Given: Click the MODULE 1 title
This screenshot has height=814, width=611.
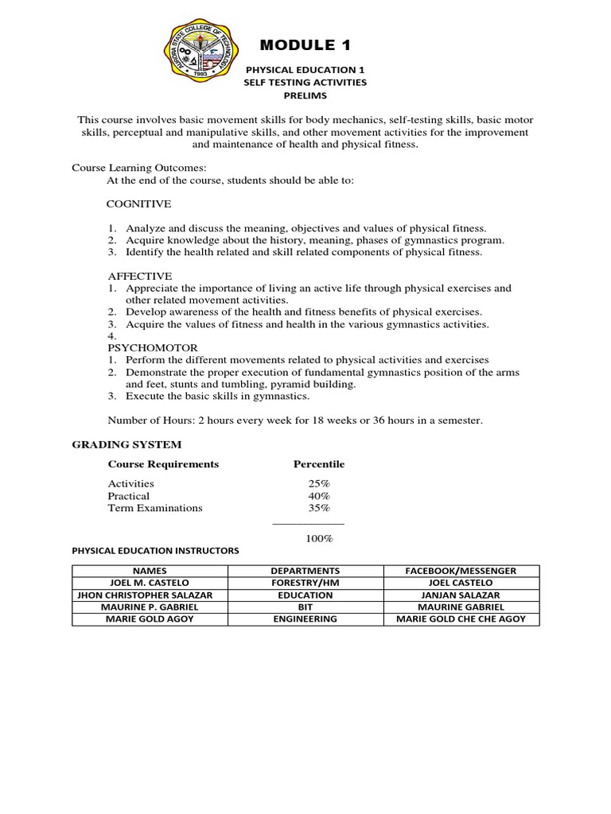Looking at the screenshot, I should coord(305,44).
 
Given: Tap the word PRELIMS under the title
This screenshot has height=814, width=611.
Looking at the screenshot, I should coord(305,95).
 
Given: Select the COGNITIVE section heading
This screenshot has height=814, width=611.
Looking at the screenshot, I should coord(139,203).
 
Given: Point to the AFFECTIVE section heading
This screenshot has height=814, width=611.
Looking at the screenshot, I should coord(140,276).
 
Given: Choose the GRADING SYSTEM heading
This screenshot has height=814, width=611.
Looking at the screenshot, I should coord(127,444).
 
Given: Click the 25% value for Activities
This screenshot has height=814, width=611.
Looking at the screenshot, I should coord(318,483).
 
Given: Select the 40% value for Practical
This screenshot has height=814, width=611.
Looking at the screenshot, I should coord(318,495).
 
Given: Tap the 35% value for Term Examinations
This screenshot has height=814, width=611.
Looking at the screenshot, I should coord(318,508).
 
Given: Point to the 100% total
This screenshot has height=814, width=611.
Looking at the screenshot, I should coord(318,538).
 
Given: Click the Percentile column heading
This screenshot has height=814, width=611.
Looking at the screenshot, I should coord(318,464).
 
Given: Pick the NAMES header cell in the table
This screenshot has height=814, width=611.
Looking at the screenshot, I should coord(150,571).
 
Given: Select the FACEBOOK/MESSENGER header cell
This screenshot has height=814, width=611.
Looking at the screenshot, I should coord(461,571).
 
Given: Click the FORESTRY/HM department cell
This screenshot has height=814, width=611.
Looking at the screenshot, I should coord(305,583).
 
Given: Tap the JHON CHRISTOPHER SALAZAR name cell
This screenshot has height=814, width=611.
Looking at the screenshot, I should coord(150,595).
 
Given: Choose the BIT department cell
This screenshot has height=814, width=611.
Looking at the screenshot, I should coord(305,607).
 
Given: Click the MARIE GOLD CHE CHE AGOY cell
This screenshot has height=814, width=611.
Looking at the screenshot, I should coord(461,618).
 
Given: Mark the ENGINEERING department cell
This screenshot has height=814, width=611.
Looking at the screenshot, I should coord(305,618).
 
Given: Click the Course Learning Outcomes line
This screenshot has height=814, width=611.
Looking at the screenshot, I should coord(139,168).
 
